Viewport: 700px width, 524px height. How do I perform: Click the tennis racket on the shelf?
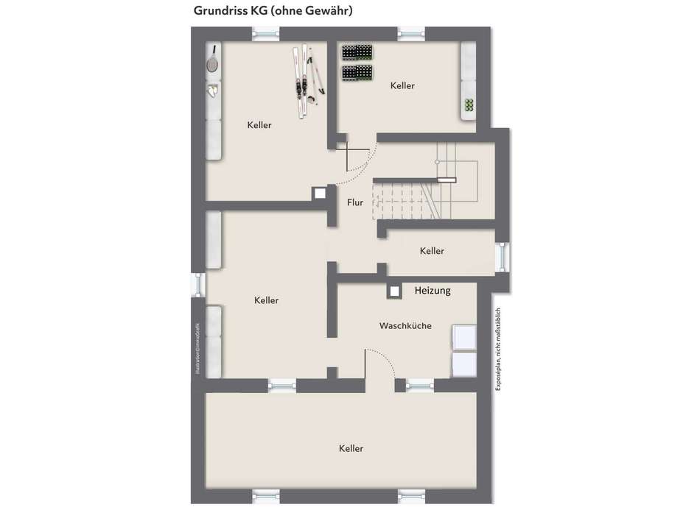(213, 60)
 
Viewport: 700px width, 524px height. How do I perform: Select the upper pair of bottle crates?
(357, 53)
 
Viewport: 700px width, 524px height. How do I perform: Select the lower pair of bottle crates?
(357, 73)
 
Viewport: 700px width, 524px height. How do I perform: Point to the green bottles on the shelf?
(468, 106)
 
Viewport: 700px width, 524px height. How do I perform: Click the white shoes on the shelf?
(213, 91)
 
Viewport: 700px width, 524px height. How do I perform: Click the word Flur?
(355, 202)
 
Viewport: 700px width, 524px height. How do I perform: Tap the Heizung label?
(433, 291)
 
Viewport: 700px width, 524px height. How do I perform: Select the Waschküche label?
(405, 325)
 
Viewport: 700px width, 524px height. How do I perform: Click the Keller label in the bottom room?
(351, 448)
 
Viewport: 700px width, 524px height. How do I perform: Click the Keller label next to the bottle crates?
(402, 86)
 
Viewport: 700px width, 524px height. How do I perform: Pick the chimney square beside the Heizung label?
(395, 291)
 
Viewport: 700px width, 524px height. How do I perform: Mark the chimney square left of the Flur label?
(320, 193)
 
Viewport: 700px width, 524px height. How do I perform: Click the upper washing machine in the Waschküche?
(463, 336)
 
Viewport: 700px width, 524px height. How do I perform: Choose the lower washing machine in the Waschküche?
(463, 364)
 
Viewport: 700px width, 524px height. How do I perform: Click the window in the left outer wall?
(197, 284)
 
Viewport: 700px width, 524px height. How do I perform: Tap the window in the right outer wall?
(503, 258)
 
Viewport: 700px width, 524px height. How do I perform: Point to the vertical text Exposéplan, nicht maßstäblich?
(499, 349)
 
